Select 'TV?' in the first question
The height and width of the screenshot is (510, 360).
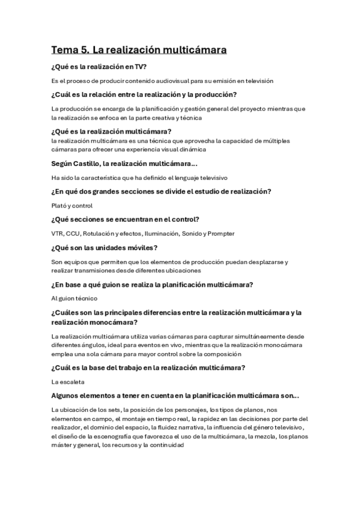pyautogui.click(x=139, y=67)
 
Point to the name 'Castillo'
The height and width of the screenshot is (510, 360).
pyautogui.click(x=94, y=164)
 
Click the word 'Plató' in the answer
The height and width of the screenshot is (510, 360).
pyautogui.click(x=60, y=206)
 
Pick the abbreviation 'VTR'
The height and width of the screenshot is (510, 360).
pyautogui.click(x=58, y=233)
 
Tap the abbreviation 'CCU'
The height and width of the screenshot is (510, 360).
pyautogui.click(x=73, y=233)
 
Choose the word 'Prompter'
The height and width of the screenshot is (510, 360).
pyautogui.click(x=221, y=233)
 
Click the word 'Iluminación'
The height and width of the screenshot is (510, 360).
pyautogui.click(x=161, y=233)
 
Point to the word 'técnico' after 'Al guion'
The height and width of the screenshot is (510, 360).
pyautogui.click(x=84, y=298)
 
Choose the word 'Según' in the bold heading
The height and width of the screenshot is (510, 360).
pyautogui.click(x=64, y=164)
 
